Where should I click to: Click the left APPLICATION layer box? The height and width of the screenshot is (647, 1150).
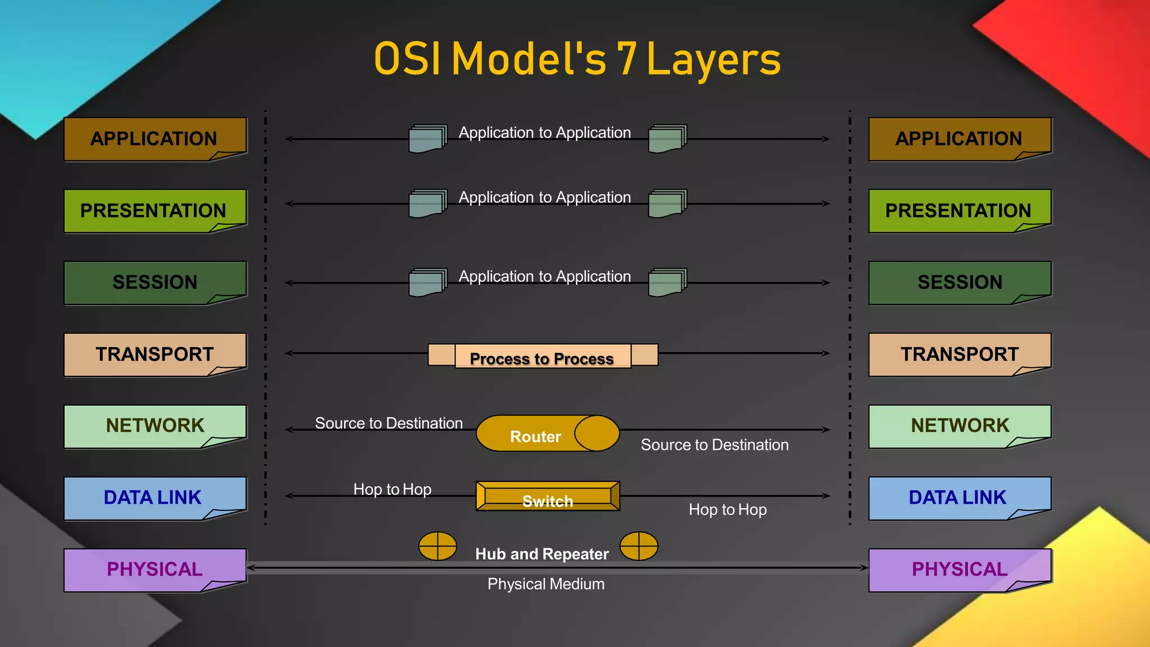pos(155,139)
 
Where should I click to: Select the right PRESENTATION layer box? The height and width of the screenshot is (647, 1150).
pos(959,211)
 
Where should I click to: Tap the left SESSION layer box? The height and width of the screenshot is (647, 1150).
pos(155,283)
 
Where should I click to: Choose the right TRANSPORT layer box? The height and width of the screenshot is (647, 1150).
pos(959,354)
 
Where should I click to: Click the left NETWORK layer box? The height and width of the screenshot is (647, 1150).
pos(155,426)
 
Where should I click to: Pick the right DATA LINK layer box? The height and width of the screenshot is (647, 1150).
pos(959,498)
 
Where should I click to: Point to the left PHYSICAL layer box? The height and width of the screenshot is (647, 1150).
pos(155,569)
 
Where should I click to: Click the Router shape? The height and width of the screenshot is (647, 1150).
pos(547,434)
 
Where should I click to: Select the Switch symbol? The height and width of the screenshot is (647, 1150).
pos(547,496)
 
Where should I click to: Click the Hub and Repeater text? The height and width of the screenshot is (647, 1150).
pos(542,554)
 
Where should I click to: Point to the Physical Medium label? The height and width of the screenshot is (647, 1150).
pos(546,584)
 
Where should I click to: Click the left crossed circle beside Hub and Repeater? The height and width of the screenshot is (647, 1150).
pos(437,546)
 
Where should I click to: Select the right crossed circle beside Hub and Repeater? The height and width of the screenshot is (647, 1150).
pos(638,546)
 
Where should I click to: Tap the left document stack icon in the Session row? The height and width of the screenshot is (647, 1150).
pos(427,283)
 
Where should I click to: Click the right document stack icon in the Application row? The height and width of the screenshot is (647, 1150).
pos(667,139)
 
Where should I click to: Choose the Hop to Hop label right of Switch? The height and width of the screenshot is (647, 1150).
pos(727,510)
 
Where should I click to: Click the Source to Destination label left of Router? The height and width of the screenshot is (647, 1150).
pos(389,423)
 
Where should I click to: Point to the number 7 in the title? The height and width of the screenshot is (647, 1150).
pos(627,60)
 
